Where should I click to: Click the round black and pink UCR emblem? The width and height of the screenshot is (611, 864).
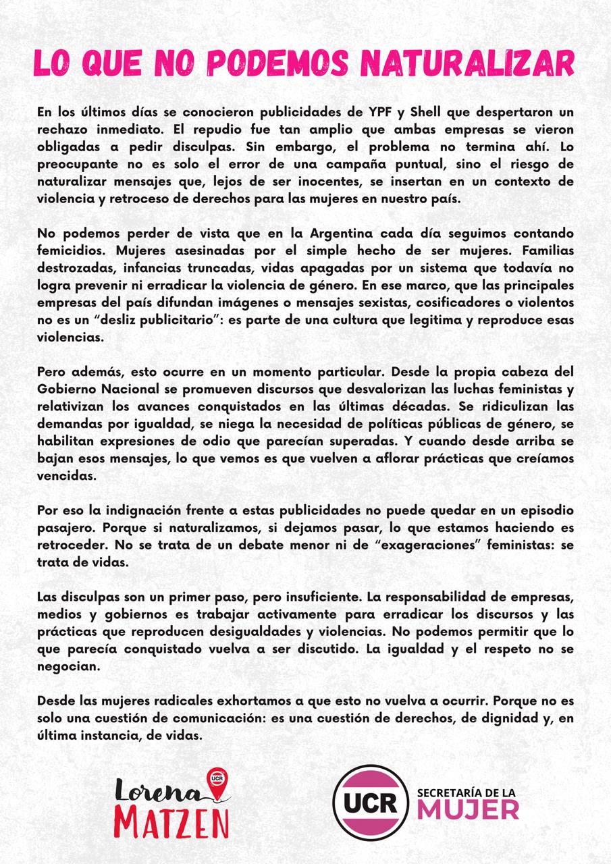tap(371, 803)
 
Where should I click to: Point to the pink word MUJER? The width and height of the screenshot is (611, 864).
tap(468, 809)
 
